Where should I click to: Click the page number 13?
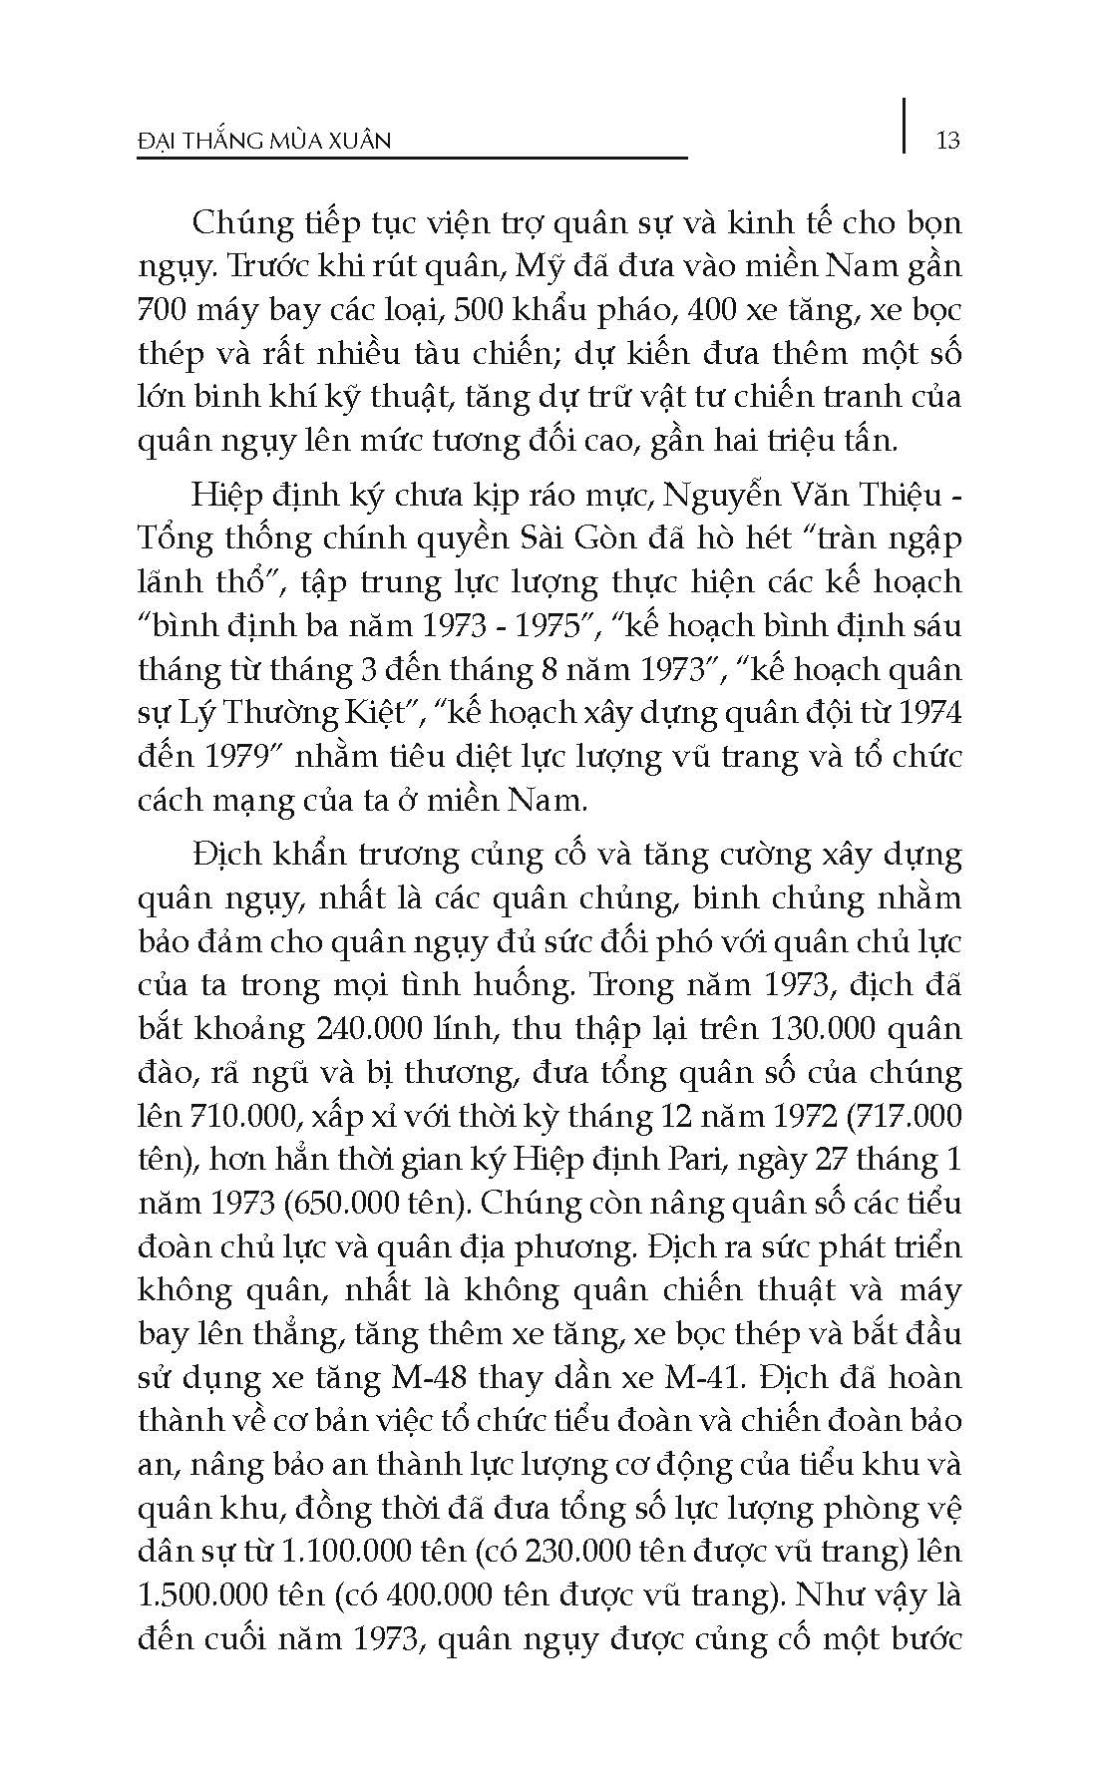(x=948, y=140)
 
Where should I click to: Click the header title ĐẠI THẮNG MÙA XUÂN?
(x=263, y=141)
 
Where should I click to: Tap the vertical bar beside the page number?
(x=906, y=126)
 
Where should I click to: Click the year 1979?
(x=226, y=756)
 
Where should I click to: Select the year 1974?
(x=927, y=712)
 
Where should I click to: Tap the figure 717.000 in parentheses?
(x=903, y=1116)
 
